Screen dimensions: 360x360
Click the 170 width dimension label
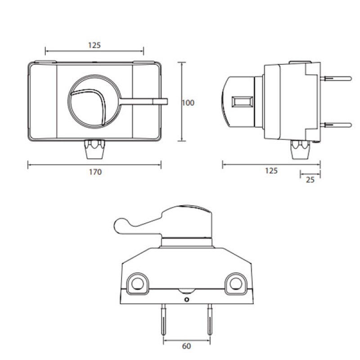coord(94,172)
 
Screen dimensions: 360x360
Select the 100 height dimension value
coord(188,103)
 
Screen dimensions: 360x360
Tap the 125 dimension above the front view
coord(94,45)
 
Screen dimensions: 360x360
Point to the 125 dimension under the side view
coord(271,171)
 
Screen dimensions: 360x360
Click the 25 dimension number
coord(310,180)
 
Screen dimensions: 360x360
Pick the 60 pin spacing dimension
coord(187,346)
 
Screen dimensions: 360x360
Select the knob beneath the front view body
coord(94,149)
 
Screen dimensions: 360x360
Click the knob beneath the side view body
coord(300,149)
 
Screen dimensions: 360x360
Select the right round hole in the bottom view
coord(235,283)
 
